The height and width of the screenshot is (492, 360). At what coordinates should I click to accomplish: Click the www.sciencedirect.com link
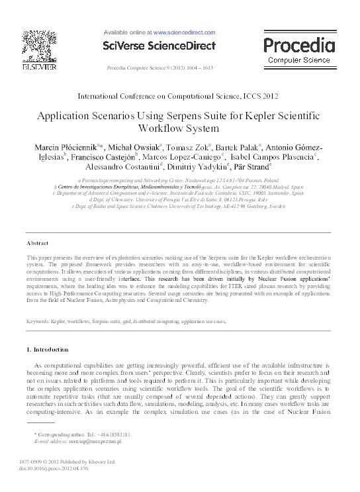coord(184,32)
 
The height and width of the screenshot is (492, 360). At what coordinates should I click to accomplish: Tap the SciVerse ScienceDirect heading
coord(159,46)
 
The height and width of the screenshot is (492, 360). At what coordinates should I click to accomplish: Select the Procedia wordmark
coord(299,45)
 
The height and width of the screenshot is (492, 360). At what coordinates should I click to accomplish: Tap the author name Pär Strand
coord(253,168)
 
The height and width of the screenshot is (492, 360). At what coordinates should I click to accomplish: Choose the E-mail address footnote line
coord(77,440)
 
